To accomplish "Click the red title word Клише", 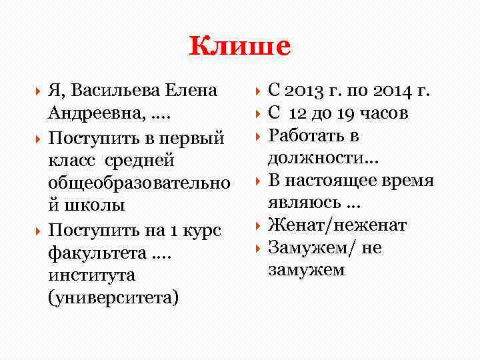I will coord(240,46).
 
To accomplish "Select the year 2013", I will coord(309,90).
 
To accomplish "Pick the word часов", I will coord(385,113).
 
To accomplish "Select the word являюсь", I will coord(303,203).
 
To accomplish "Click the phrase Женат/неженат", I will coord(337,226).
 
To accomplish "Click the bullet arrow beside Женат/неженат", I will coord(258,226).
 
